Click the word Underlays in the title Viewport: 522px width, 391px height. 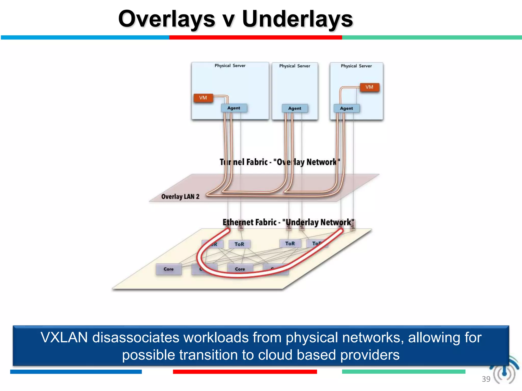(297, 19)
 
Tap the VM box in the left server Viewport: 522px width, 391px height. (203, 98)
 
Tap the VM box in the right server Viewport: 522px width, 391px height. (369, 87)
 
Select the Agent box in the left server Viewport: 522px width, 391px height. (234, 108)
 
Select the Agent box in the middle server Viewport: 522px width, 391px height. (295, 108)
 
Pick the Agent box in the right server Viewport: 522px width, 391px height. (346, 108)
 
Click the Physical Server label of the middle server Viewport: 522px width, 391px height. (295, 66)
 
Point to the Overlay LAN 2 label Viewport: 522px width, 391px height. (180, 197)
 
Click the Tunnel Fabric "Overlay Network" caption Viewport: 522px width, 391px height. (280, 162)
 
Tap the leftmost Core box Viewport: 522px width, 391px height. (168, 269)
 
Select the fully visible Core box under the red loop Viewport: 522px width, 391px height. (240, 269)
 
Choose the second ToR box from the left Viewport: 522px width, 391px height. (239, 244)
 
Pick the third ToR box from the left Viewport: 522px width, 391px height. (290, 243)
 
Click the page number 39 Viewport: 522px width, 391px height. (486, 379)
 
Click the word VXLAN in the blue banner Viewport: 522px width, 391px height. (64, 338)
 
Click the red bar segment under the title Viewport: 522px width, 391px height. (255, 37)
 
